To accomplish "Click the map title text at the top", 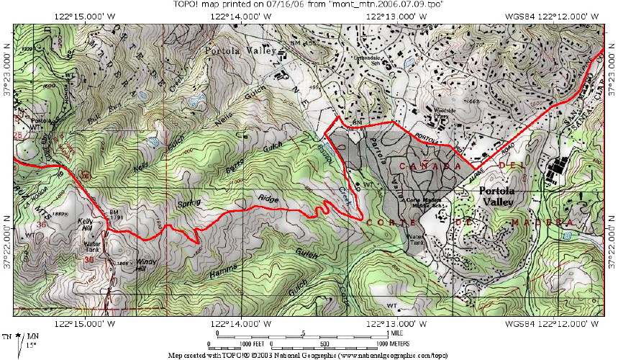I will click(x=308, y=4).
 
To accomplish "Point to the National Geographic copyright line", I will click(x=309, y=356).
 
